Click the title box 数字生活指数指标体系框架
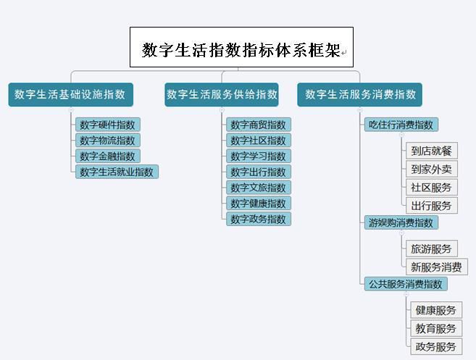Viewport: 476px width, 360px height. click(x=241, y=47)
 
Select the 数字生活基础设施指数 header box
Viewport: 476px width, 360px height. click(x=71, y=95)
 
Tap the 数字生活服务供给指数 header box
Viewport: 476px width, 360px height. click(x=222, y=95)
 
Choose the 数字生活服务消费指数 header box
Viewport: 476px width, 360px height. click(x=360, y=95)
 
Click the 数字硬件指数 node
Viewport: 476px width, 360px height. click(x=108, y=125)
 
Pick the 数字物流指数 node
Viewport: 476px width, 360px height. click(x=108, y=141)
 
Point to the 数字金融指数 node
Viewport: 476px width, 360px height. click(x=108, y=156)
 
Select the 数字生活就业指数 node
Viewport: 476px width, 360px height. click(x=117, y=172)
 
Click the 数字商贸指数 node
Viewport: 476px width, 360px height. click(x=259, y=125)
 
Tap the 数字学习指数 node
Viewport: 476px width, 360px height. click(x=259, y=156)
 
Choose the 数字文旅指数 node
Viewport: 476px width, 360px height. click(x=259, y=188)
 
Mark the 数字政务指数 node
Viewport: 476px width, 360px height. click(x=259, y=219)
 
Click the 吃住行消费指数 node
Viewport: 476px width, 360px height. click(x=401, y=125)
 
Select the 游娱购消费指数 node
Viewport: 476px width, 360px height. click(x=401, y=222)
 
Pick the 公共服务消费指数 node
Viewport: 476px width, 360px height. click(x=406, y=284)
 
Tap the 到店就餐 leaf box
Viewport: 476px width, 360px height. click(x=432, y=151)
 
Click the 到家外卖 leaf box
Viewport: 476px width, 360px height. click(x=432, y=169)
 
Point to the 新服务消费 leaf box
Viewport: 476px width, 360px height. click(x=437, y=267)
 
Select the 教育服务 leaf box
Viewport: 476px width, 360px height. click(x=436, y=328)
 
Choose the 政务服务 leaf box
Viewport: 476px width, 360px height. click(x=436, y=346)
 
